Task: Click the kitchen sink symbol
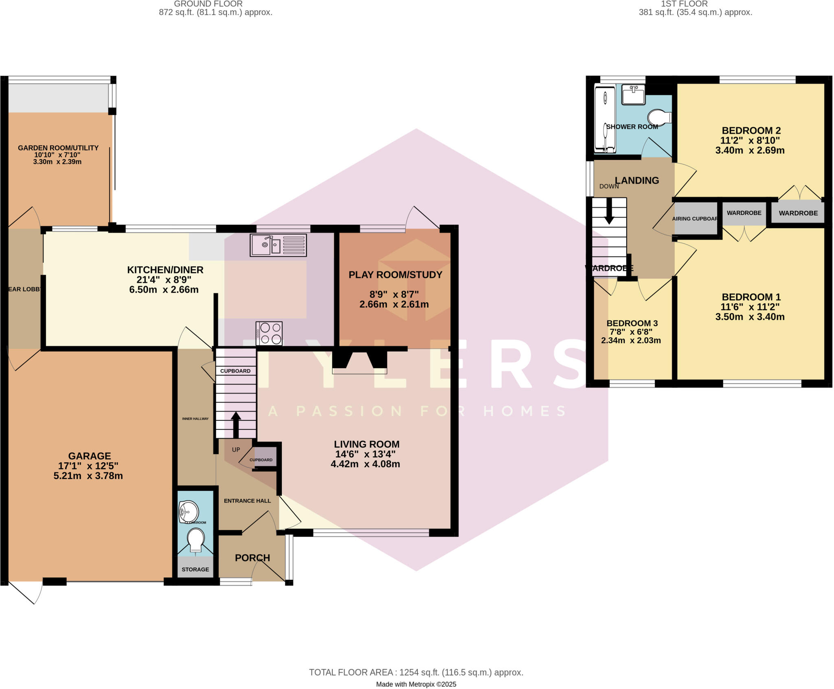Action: coord(278,245)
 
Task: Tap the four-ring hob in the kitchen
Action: coord(269,334)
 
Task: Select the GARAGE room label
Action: coord(89,456)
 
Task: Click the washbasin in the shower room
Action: coord(633,95)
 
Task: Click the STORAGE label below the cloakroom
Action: coord(195,569)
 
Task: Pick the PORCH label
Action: coord(252,558)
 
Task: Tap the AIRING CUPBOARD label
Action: coord(695,219)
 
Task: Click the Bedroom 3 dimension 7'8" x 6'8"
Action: coord(631,332)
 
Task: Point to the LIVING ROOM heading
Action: coord(367,444)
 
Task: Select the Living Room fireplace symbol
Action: coord(360,362)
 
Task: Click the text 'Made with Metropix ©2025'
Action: coord(416,684)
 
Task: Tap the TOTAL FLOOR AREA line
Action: coord(416,672)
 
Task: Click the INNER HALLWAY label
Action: coord(195,418)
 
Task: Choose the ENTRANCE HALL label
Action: coord(247,501)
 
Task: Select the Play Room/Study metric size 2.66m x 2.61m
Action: coord(394,304)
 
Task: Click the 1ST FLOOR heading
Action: coord(684,4)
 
